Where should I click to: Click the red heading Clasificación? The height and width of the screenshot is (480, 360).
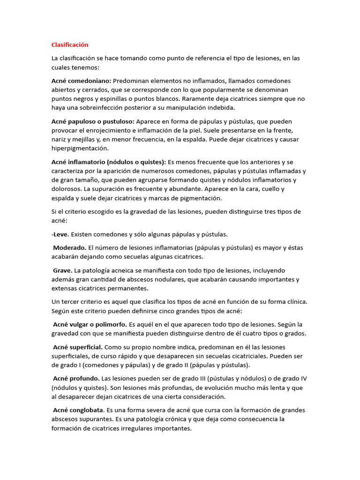click(x=70, y=45)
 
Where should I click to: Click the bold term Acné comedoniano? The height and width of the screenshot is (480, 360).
click(x=81, y=81)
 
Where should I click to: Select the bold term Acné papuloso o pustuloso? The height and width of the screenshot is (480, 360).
click(x=93, y=121)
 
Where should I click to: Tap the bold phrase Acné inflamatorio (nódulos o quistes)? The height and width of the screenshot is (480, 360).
click(x=109, y=162)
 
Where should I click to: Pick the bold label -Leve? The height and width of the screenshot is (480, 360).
click(x=60, y=234)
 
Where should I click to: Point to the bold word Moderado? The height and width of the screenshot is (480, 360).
click(x=69, y=247)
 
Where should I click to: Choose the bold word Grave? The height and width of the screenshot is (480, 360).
click(x=62, y=270)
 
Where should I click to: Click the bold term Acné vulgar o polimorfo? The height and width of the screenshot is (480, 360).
click(x=90, y=324)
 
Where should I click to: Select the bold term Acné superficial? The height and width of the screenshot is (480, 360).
click(x=78, y=347)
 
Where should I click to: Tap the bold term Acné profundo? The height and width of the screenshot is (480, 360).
click(x=76, y=378)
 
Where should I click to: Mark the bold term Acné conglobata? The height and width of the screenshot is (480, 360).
click(x=78, y=410)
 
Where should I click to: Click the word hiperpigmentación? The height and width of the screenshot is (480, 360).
click(x=80, y=148)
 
